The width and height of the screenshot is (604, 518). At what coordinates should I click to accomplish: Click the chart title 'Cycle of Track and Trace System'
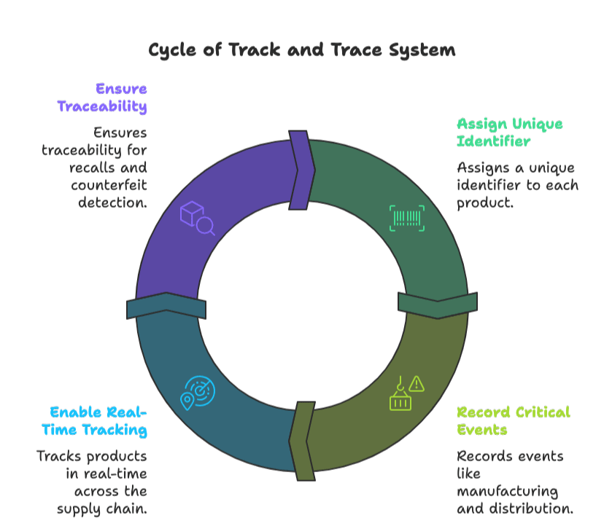302,50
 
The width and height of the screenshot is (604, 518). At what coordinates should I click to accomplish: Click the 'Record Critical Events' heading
513,420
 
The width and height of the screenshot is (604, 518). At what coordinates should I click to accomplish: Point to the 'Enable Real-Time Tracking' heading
94,420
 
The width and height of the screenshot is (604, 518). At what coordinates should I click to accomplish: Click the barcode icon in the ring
407,218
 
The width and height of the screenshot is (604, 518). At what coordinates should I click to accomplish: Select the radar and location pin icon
197,393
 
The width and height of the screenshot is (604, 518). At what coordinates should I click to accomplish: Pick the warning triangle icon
417,383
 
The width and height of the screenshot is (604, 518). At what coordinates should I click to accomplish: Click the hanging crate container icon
400,396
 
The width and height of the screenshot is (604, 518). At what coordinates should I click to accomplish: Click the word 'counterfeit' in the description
109,185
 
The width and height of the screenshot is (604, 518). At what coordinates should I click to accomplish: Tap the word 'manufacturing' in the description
507,491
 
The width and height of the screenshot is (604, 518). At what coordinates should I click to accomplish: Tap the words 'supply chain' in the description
102,508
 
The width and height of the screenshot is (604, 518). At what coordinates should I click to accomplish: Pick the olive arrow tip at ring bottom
302,441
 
